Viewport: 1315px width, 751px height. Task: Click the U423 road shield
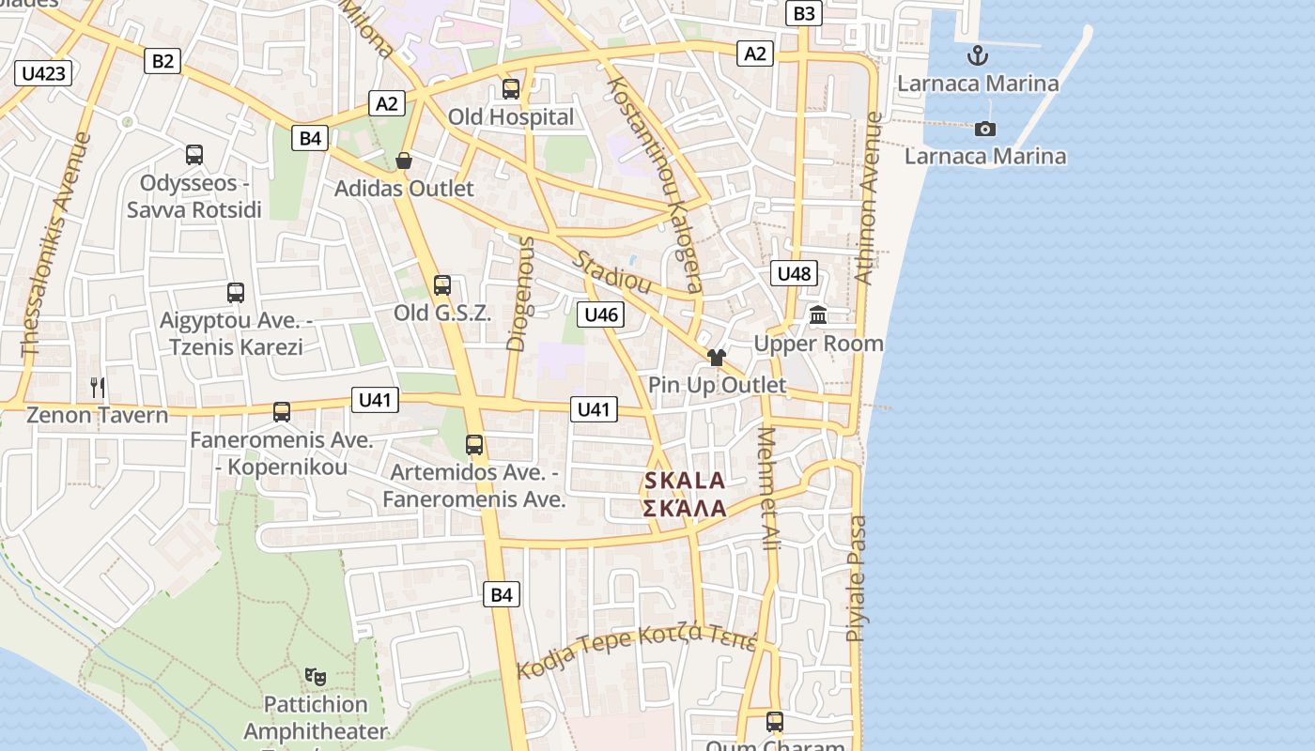[x=44, y=73]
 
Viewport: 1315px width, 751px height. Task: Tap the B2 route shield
[x=163, y=61]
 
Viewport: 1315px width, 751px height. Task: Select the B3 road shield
[x=805, y=13]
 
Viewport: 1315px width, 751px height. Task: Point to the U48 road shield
[x=794, y=274]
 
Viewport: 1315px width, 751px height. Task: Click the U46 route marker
[x=601, y=314]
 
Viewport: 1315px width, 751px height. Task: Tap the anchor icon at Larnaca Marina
[x=978, y=54]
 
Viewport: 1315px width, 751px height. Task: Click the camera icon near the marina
[x=984, y=129]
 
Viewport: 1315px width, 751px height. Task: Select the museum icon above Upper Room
[x=818, y=315]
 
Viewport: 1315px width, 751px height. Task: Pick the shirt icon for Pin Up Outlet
[x=717, y=357]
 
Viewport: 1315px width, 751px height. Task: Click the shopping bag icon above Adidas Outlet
[x=404, y=161]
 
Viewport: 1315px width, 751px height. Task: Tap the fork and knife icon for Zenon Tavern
[x=98, y=386]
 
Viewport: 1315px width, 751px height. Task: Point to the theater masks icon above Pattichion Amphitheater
[x=316, y=676]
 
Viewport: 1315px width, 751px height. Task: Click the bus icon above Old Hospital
[x=511, y=89]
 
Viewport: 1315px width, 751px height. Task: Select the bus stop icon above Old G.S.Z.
[x=441, y=284]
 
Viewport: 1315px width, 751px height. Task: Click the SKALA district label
[x=685, y=482]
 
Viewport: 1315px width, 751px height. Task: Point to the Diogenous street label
[x=519, y=294]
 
